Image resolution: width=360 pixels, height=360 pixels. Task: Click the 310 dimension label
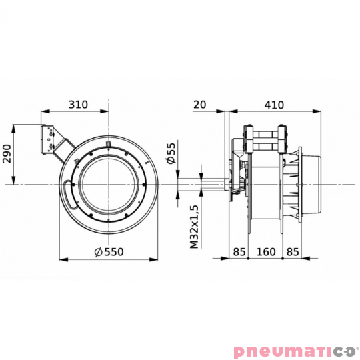[x=79, y=104]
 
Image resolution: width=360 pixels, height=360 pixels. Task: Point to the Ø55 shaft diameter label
[x=171, y=154]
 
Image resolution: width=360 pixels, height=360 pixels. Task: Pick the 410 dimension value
[x=273, y=104]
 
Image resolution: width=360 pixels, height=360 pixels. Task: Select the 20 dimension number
[x=200, y=104]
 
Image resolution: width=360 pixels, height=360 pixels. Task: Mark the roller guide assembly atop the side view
[x=265, y=140]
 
